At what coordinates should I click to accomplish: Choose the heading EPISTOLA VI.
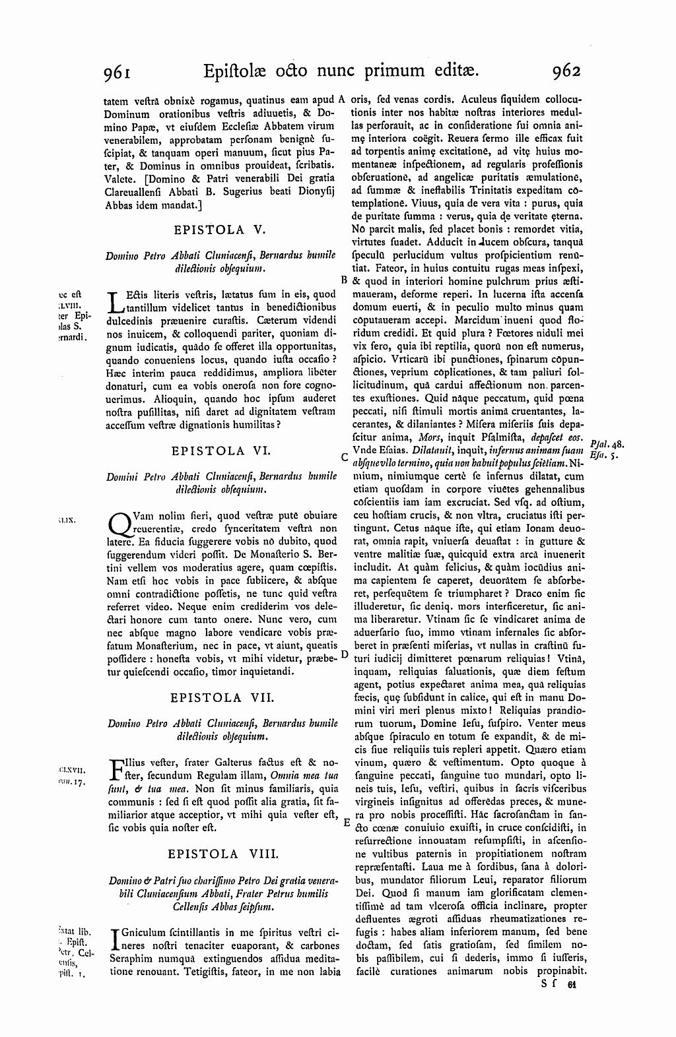pos(219,451)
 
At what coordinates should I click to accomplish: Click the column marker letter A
pos(343,101)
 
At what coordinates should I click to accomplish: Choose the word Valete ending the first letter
pos(120,177)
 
